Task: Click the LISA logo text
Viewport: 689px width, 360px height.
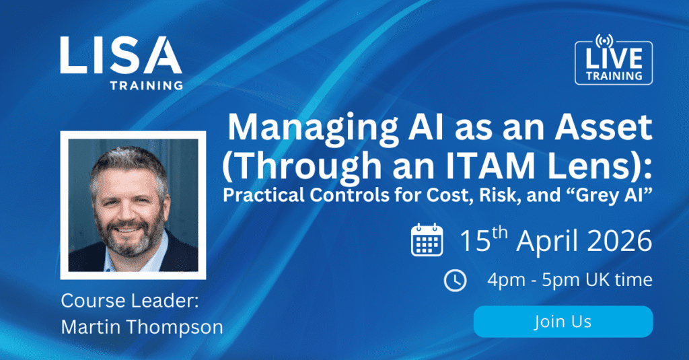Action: [120, 55]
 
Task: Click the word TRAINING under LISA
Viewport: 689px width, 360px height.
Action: [147, 85]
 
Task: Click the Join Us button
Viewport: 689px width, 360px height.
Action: [563, 322]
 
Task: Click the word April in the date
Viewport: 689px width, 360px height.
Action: [536, 242]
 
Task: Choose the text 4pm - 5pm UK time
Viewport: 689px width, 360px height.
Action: [569, 280]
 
